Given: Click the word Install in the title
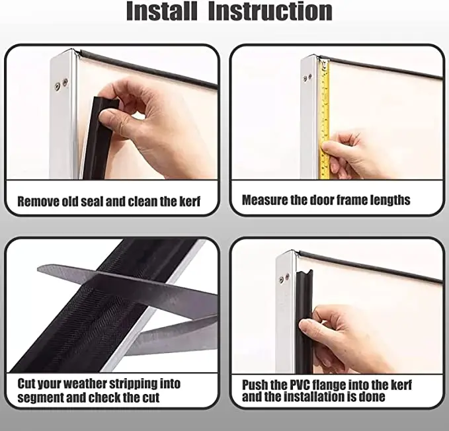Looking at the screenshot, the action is (x=162, y=11).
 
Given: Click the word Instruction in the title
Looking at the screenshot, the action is (x=270, y=11).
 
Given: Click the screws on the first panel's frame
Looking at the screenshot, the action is (x=61, y=83).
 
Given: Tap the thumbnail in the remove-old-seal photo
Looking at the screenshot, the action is (x=106, y=115).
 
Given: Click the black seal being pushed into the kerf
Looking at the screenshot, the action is (x=304, y=321).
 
